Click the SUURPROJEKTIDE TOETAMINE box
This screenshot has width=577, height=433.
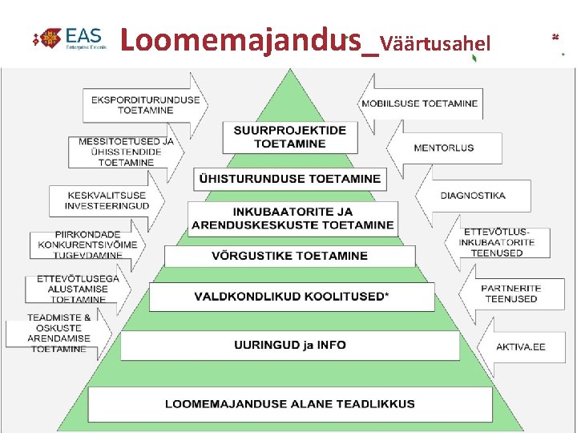tap(289, 137)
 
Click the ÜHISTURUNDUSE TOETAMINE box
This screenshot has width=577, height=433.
tap(290, 179)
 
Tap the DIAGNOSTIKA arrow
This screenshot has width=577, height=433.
tap(472, 196)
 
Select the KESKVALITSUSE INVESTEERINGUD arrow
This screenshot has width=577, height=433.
tap(108, 200)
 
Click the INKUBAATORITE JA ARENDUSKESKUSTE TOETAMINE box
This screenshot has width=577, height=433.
tap(293, 218)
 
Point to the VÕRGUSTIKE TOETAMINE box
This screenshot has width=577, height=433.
tap(289, 257)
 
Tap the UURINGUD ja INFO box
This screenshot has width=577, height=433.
tap(290, 346)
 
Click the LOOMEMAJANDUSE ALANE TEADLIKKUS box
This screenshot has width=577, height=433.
tap(290, 403)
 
